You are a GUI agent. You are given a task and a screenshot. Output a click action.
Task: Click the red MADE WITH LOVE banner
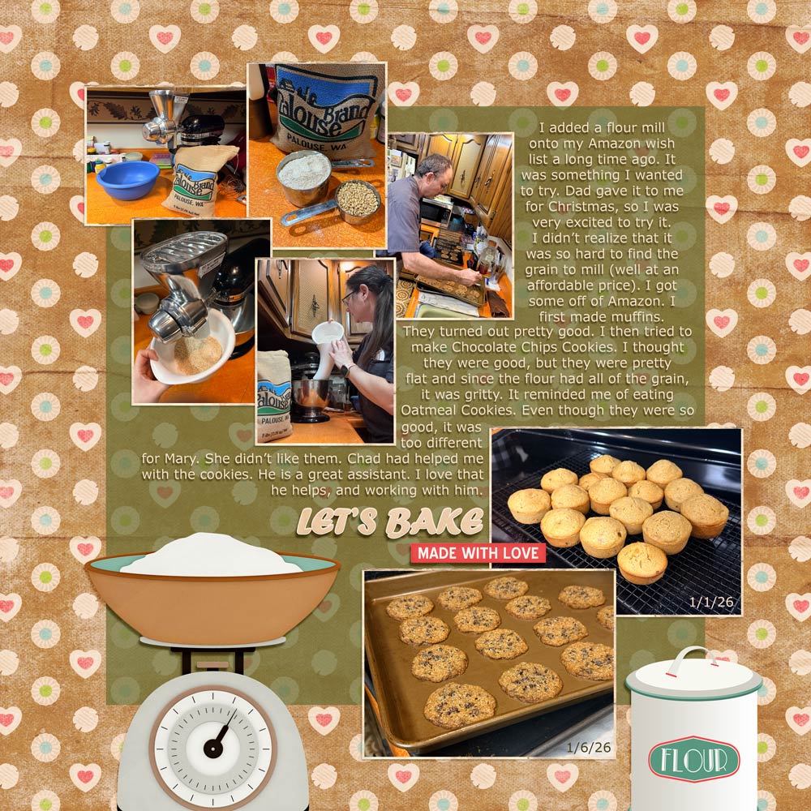coord(478,553)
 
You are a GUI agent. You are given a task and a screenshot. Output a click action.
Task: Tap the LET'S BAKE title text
coord(390,521)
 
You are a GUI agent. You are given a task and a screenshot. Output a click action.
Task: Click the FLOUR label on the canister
coord(694,759)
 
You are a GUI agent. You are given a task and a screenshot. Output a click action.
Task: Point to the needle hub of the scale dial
coord(213,748)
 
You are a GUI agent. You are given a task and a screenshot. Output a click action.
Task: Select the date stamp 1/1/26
coord(710,602)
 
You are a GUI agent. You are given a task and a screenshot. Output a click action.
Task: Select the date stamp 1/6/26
coord(588,748)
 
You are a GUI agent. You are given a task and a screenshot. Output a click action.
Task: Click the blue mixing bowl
coord(128,179)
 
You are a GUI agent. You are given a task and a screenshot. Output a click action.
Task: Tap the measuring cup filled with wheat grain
coord(357,200)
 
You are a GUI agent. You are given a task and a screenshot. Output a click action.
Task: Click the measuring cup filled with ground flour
coord(304,177)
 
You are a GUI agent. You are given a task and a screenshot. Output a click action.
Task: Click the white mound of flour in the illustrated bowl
coord(211,555)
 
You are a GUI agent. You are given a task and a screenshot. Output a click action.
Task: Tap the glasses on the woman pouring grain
coord(349,296)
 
